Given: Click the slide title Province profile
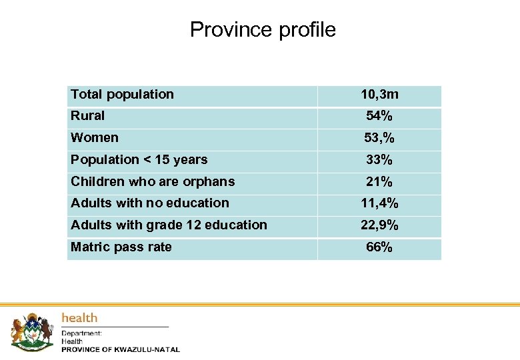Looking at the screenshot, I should tap(263, 30).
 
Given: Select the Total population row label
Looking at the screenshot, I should tap(122, 95).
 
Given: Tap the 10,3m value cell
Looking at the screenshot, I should tap(379, 95).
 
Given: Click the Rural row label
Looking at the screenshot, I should tap(87, 116).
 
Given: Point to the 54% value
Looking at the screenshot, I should tap(379, 116).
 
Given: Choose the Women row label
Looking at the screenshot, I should tap(95, 138).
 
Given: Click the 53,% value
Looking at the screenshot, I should tap(379, 138).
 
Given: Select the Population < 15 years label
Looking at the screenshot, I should tap(139, 160).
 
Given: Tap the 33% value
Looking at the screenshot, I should tap(379, 160).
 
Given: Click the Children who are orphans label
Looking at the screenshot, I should tap(153, 181).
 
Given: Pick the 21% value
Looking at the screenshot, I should tap(379, 181).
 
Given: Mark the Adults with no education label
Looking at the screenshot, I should tap(149, 203).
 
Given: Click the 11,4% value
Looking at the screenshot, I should tap(379, 203).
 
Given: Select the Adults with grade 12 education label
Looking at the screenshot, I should tap(169, 225).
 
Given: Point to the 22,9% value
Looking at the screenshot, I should tap(379, 225).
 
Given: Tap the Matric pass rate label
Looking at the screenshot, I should tap(121, 247).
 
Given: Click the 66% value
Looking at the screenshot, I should tap(379, 247).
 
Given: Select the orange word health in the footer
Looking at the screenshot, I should tap(79, 318).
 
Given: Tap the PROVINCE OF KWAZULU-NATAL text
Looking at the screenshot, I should tap(121, 349).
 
